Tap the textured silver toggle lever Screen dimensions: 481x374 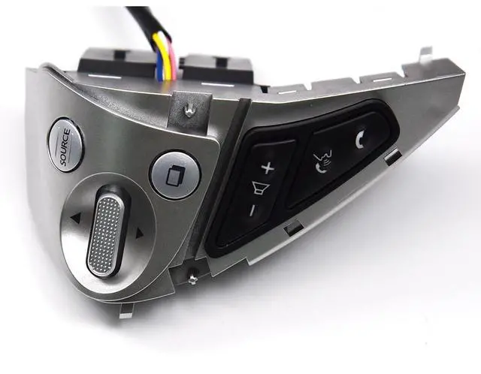[107, 231]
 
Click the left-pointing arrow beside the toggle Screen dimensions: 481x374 [75, 218]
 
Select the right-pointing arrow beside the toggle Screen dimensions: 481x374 [140, 234]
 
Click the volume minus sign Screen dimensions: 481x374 [253, 211]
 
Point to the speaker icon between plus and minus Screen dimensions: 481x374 [261, 188]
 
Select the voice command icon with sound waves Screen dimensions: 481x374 [322, 161]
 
